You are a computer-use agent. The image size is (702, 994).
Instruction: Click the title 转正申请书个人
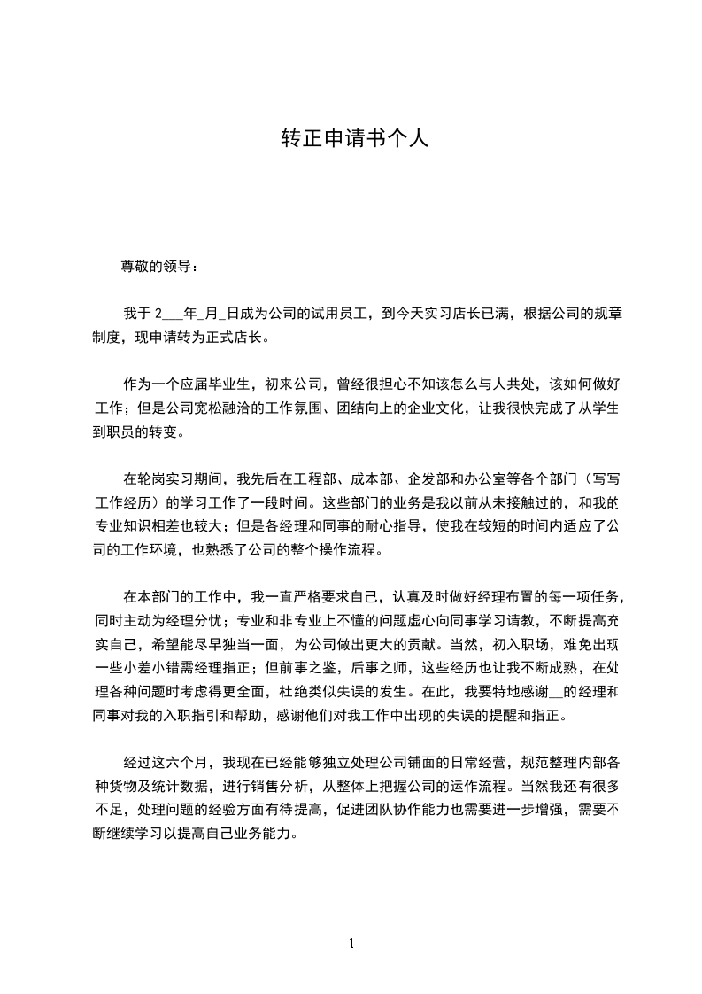coord(354,138)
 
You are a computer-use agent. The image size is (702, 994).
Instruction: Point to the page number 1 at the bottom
coord(351,944)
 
